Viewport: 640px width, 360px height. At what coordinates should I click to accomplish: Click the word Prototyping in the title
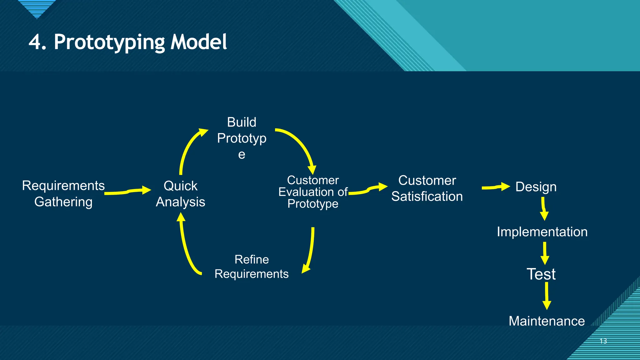coord(109,42)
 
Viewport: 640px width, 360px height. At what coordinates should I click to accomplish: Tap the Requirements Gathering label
coord(63,193)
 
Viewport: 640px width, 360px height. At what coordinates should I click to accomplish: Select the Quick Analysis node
coord(180,194)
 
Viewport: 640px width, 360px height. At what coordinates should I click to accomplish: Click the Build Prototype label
coord(242,138)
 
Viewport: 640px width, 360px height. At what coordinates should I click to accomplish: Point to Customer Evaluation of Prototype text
coord(313,192)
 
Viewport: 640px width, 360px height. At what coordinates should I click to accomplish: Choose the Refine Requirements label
coord(252,267)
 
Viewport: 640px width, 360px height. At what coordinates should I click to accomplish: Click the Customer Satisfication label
coord(427,188)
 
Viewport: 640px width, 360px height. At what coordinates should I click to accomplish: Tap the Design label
coord(536,187)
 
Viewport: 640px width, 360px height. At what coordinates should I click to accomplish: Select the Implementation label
coord(542,232)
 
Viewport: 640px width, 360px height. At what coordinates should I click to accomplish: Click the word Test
coord(541,274)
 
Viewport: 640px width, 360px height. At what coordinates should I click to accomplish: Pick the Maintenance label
coord(547,321)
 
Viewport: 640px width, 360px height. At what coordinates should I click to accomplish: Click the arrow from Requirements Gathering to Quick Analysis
coord(128,191)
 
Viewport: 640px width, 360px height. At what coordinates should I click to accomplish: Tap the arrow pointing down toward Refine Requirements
coord(311,250)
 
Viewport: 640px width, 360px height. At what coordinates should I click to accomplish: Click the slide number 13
coord(603,341)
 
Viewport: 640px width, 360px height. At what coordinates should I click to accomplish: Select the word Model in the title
coord(198,42)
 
